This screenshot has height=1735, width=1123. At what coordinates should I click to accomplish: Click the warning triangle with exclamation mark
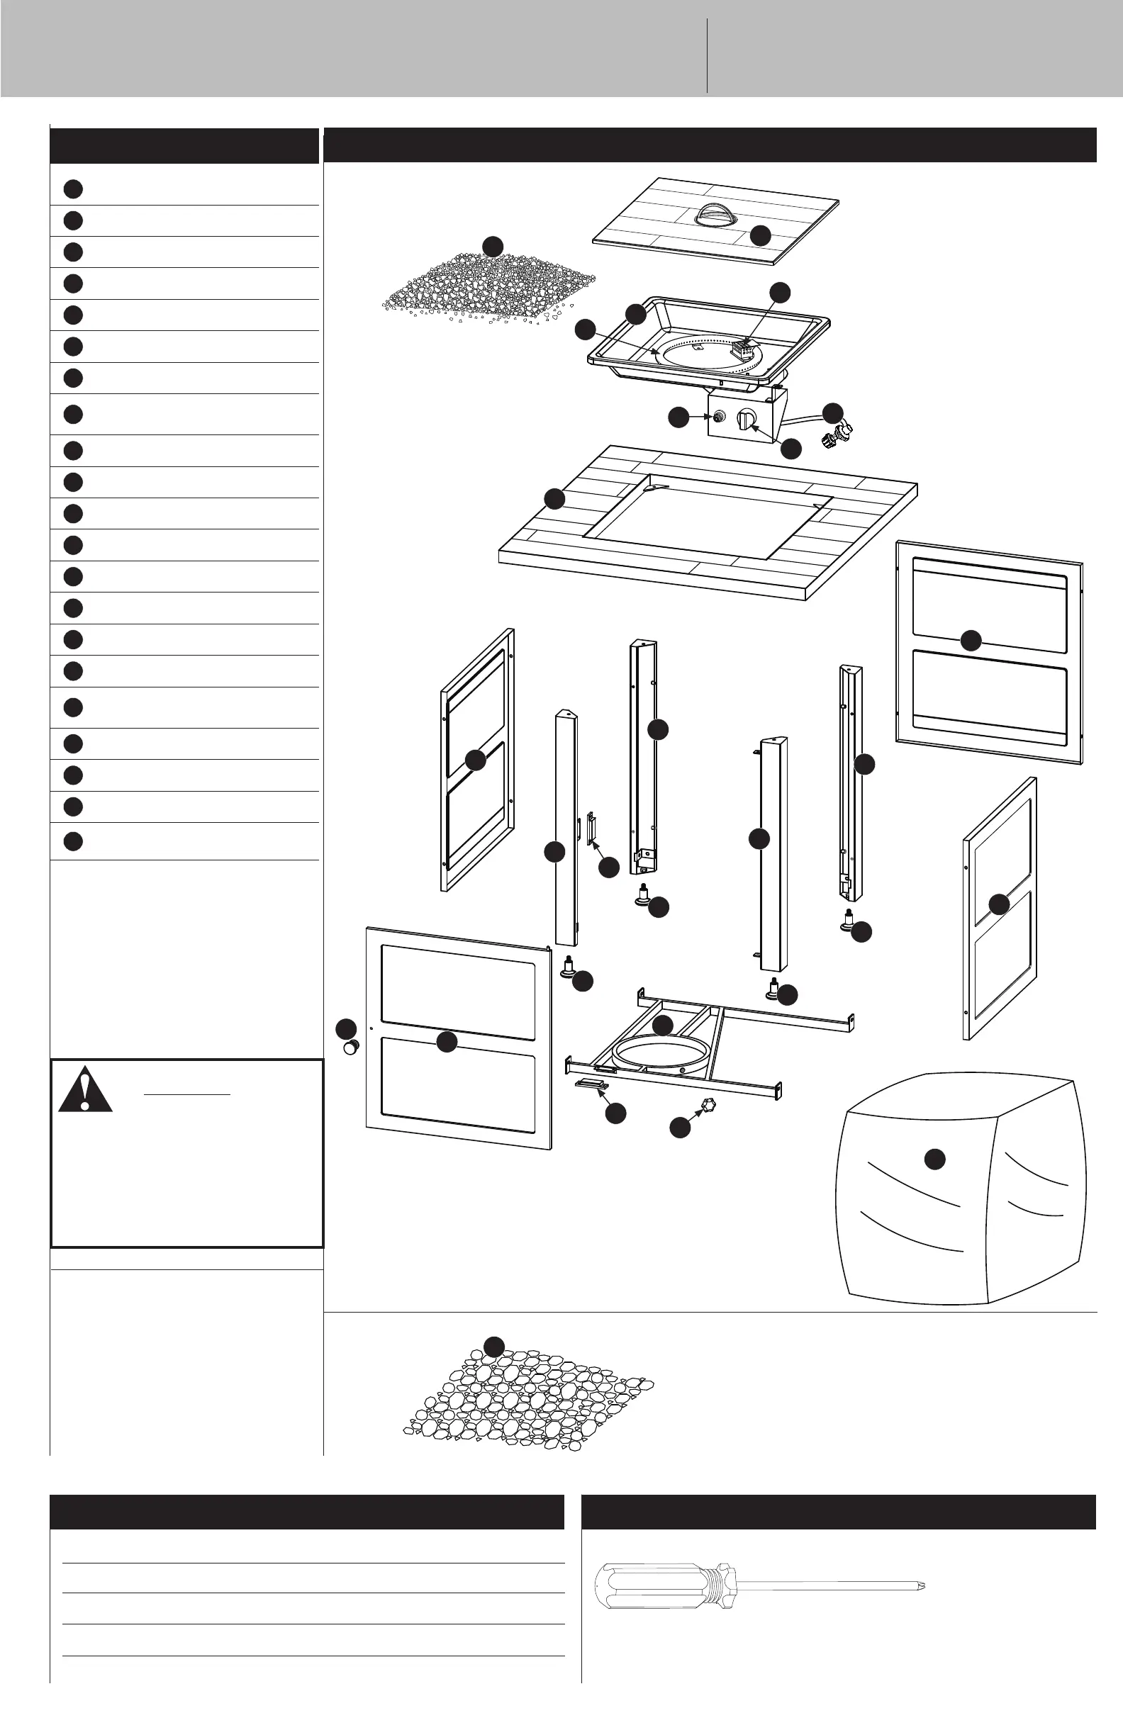tap(85, 1091)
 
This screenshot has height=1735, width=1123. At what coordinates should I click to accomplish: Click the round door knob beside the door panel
tap(352, 1047)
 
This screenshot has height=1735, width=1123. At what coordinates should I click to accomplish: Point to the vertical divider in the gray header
tap(707, 55)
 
